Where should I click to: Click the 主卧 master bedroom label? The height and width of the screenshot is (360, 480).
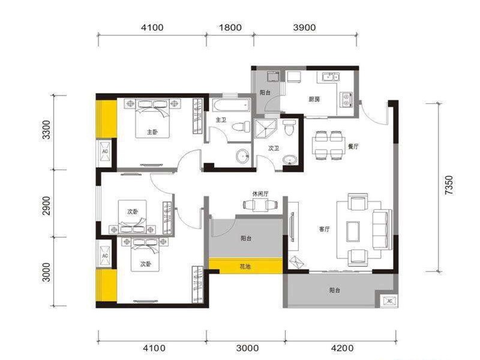(x=152, y=132)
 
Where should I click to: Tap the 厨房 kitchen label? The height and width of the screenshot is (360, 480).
(x=314, y=99)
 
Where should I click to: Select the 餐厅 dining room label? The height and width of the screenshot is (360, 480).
(x=353, y=146)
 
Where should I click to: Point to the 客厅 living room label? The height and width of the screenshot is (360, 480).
(x=324, y=229)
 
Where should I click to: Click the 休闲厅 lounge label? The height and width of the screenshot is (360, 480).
(x=260, y=194)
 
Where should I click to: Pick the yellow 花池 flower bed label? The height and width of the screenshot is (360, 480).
(x=245, y=266)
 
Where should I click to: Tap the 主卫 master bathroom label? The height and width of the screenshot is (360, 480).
(x=221, y=119)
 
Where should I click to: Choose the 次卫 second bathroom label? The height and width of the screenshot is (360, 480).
(x=274, y=148)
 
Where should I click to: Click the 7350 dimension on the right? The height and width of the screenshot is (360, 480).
(x=448, y=185)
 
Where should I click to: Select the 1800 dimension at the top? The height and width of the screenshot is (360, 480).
(x=230, y=28)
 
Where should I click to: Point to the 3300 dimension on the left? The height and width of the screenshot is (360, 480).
(x=46, y=130)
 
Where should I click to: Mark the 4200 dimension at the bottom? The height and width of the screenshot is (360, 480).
(x=342, y=348)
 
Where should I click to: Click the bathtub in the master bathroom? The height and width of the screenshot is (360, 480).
(x=232, y=106)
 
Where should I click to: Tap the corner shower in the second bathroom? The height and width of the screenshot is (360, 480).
(x=265, y=128)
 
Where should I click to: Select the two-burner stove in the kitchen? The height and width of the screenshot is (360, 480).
(x=346, y=99)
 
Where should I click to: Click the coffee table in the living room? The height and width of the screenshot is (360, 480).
(x=353, y=232)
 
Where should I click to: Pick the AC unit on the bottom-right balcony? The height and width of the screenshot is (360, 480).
(x=389, y=301)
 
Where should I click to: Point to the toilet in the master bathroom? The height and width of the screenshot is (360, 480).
(x=241, y=127)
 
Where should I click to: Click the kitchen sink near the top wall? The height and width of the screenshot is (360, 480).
(x=330, y=77)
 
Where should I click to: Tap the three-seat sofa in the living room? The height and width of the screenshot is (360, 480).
(x=382, y=229)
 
